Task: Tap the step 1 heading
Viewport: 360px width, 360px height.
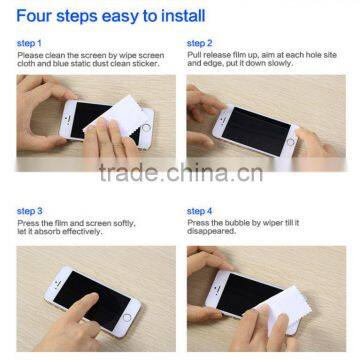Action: pos(29,45)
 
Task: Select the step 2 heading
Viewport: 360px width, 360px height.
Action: pos(199,45)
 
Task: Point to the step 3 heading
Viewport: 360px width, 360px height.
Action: pos(29,211)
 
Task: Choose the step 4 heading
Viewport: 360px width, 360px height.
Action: pos(199,211)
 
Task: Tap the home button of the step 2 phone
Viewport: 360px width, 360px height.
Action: pos(291,142)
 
